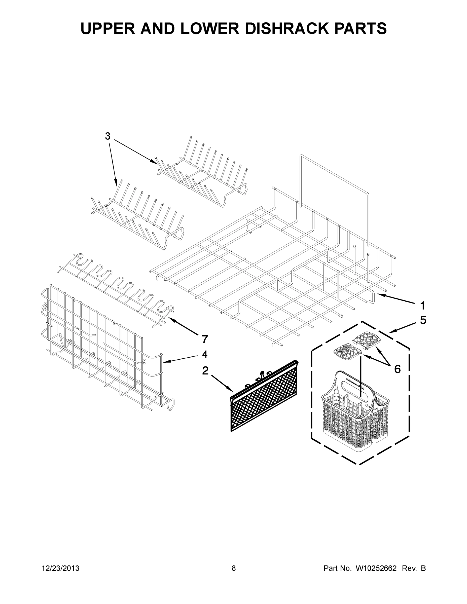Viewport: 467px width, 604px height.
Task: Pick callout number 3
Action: (107, 136)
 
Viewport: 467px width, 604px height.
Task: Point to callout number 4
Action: (204, 354)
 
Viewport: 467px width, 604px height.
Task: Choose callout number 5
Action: (423, 320)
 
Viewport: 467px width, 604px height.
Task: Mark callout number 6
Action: (397, 369)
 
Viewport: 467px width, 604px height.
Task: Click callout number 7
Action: (204, 339)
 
